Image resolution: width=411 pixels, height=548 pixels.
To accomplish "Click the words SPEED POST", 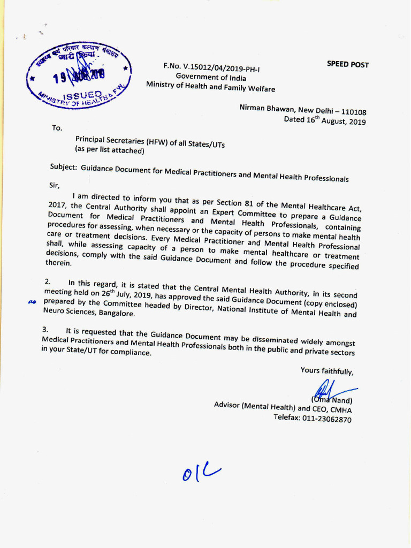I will pyautogui.click(x=348, y=64).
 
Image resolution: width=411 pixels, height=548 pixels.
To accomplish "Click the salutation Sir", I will pyautogui.click(x=55, y=185).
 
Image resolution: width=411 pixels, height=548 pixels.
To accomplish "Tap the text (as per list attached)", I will pyautogui.click(x=110, y=150).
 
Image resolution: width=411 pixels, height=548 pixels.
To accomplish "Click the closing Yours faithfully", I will pyautogui.click(x=326, y=370).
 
